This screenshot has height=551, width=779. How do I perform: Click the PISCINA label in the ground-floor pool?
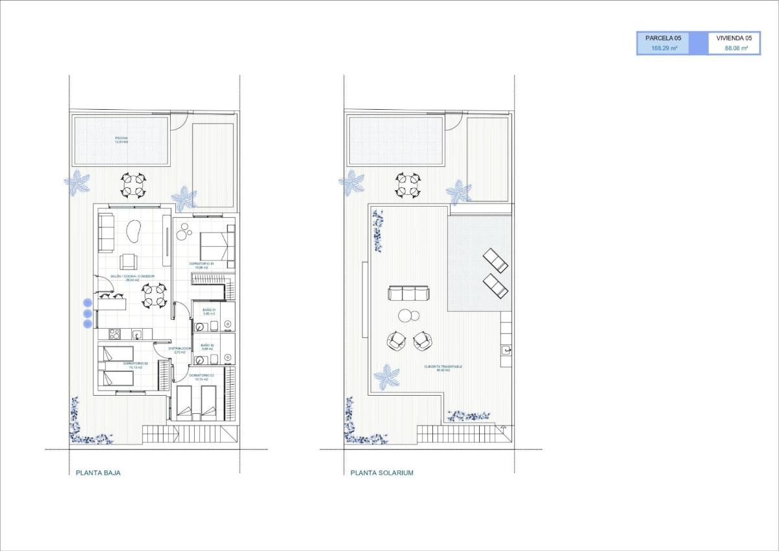tap(121, 138)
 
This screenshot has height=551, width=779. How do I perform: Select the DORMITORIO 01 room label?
tap(202, 264)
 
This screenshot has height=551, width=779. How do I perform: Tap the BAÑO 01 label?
tap(208, 311)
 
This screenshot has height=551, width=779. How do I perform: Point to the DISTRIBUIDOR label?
tap(179, 349)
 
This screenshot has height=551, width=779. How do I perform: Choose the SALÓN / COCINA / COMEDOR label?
tap(132, 277)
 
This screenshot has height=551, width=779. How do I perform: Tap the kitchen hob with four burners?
tap(113, 335)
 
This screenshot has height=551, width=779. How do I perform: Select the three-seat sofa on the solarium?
tap(408, 293)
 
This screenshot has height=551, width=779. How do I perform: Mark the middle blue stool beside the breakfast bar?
tap(88, 313)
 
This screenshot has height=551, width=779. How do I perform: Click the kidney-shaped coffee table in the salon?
tap(134, 230)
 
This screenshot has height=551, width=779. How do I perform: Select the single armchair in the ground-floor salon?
tap(129, 261)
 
